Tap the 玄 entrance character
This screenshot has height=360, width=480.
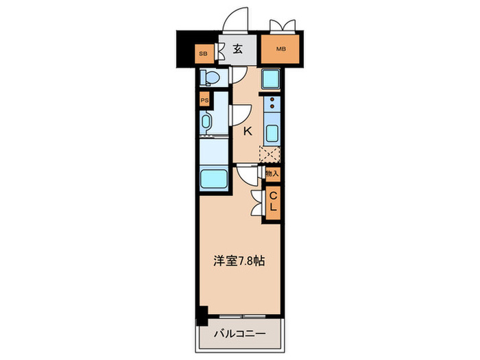click(x=237, y=49)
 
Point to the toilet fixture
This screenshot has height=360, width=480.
click(x=210, y=77)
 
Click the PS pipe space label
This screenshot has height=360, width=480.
click(x=204, y=100)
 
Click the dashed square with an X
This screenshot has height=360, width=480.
click(x=270, y=156)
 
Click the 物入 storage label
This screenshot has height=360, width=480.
click(x=272, y=174)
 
